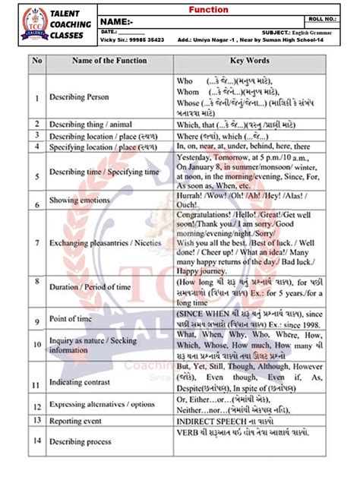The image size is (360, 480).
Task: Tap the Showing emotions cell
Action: pyautogui.click(x=81, y=204)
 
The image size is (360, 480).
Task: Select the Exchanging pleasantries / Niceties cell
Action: pyautogui.click(x=101, y=244)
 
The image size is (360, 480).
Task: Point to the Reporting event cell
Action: pyautogui.click(x=79, y=419)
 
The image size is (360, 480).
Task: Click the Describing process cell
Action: pyautogui.click(x=83, y=440)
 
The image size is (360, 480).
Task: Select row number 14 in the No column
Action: pyautogui.click(x=36, y=440)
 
